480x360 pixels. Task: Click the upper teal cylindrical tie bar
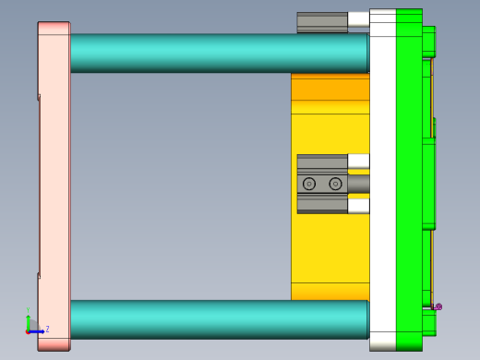218,53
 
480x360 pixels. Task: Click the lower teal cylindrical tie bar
218,318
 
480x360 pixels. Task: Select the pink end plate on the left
54,185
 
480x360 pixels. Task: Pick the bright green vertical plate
409,185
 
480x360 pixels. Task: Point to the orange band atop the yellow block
329,89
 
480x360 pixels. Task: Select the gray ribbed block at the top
321,22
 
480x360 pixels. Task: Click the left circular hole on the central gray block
309,184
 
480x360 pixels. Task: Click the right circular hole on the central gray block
335,184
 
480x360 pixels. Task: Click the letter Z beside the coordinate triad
47,329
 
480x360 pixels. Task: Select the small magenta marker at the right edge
438,306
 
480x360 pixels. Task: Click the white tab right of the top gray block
358,18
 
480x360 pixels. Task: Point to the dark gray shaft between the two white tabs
358,184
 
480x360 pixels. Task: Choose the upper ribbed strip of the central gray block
321,162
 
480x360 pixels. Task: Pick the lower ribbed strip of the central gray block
321,205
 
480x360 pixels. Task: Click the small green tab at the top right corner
428,41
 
